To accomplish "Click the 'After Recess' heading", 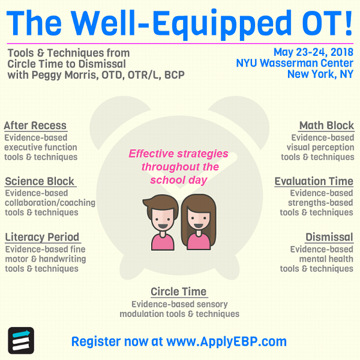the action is [35, 125].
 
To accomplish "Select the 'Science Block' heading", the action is [40, 181].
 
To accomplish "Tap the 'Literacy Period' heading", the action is [42, 237].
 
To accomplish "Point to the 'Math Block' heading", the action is [326, 125].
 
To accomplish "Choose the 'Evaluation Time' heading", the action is [314, 181].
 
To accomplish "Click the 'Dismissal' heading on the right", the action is [329, 237].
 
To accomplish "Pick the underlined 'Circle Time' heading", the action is [179, 292].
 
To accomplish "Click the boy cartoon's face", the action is [163, 219].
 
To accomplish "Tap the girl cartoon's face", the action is [199, 218].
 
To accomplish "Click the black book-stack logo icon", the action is [21, 340].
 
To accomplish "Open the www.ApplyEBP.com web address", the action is [226, 341].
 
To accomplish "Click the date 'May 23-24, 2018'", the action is [313, 52].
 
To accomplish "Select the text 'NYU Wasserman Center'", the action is [295, 63].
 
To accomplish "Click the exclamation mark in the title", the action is [349, 23].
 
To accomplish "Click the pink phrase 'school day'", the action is [179, 180].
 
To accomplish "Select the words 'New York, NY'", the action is [320, 74].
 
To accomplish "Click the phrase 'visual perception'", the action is [320, 148].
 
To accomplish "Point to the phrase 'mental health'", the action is [326, 259].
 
